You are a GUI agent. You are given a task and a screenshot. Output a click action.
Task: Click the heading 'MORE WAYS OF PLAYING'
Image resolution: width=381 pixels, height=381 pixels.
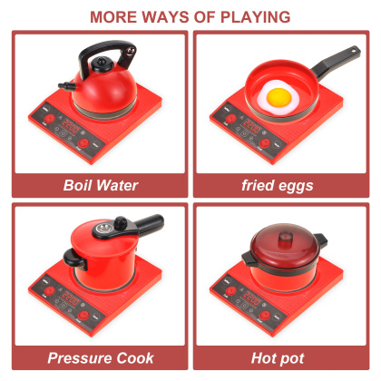[x=190, y=16]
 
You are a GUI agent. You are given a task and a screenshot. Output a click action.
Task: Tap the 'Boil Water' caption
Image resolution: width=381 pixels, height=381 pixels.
[x=100, y=185]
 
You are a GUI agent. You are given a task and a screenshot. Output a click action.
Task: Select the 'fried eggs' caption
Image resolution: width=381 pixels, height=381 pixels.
[x=277, y=185]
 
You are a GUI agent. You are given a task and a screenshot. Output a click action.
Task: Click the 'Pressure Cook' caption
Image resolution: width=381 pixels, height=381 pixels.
[x=100, y=357]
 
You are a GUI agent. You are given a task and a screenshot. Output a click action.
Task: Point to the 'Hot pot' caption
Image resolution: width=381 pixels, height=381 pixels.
[x=277, y=357]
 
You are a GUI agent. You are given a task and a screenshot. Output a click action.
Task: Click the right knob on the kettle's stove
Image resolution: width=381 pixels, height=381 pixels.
[x=84, y=143]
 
